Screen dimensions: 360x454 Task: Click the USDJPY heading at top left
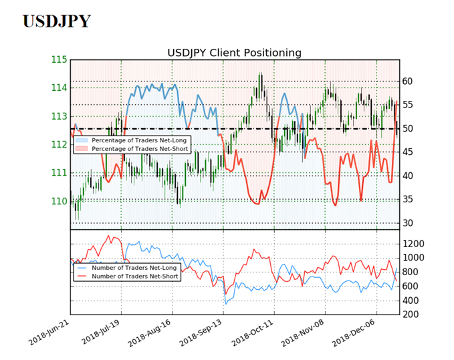[56, 21]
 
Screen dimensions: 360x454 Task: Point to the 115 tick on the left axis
[59, 59]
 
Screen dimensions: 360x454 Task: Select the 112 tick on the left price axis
[59, 144]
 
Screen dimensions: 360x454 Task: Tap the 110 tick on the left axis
[59, 201]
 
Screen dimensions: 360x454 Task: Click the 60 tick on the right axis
[407, 81]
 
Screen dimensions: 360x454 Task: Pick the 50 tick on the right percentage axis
[407, 128]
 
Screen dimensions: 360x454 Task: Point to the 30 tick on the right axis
[407, 223]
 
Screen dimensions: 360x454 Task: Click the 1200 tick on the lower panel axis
[413, 243]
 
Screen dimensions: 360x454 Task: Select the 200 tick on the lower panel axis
[411, 315]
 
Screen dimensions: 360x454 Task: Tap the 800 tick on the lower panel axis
[411, 272]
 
